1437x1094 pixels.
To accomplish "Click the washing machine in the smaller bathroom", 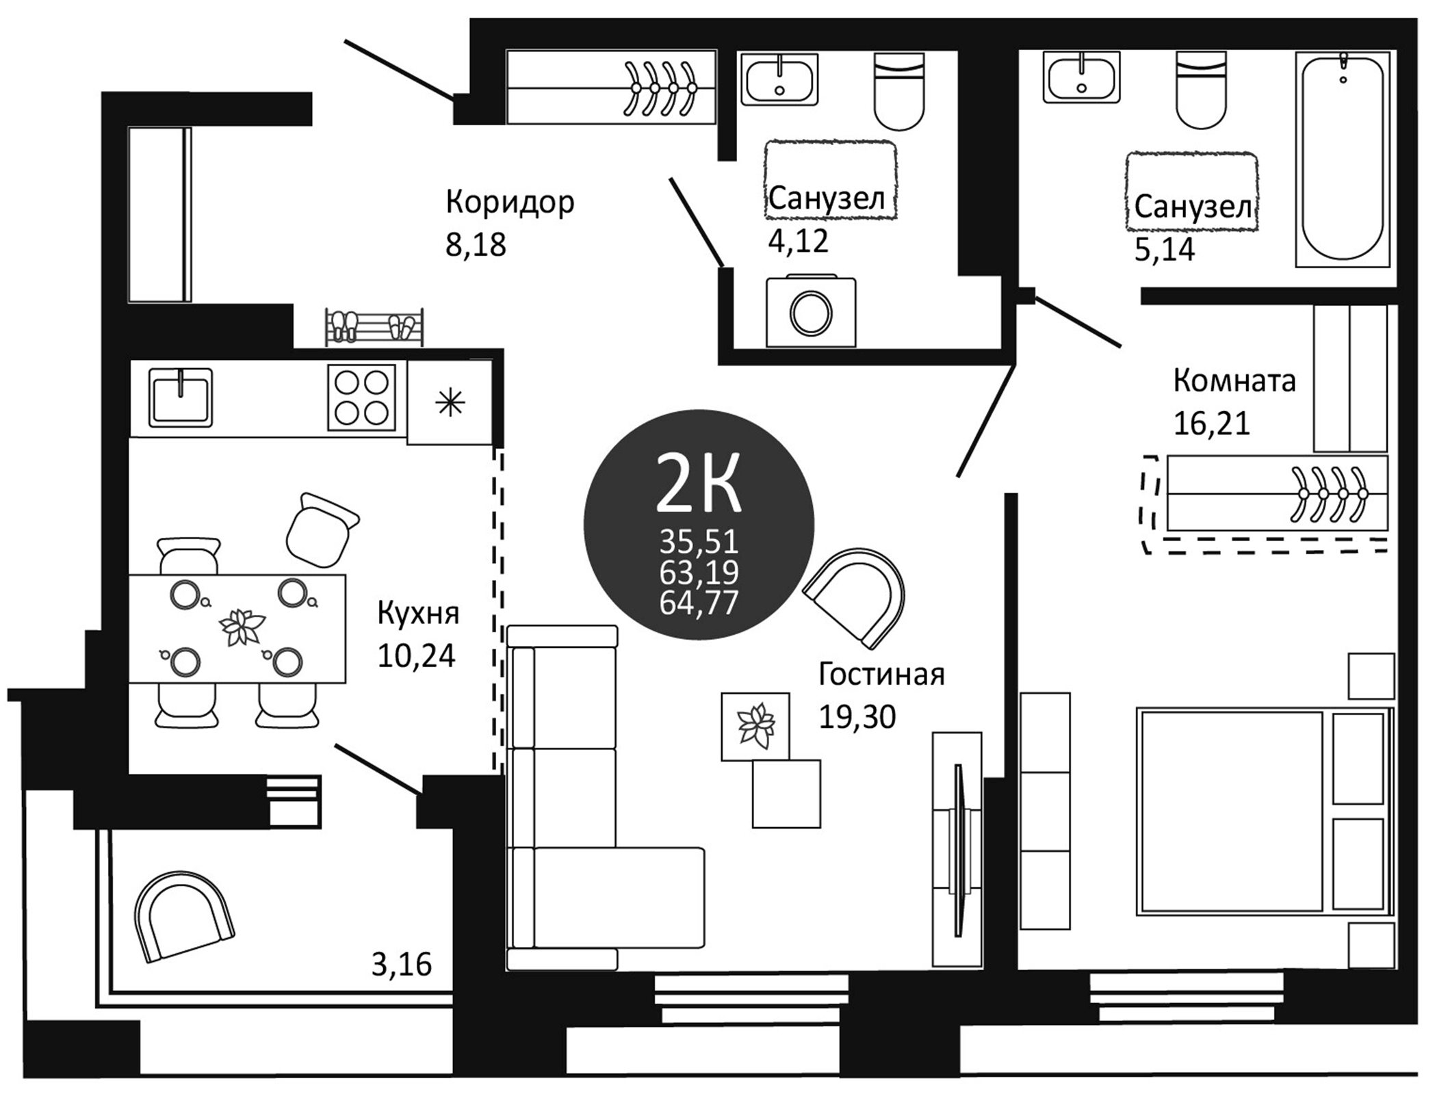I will [x=810, y=312].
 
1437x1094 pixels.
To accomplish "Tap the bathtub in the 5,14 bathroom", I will [x=1342, y=159].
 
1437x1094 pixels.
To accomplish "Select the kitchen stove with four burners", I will [x=361, y=398].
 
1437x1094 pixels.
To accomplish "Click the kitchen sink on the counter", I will [x=181, y=398].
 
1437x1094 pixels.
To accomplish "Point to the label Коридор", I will [x=510, y=202].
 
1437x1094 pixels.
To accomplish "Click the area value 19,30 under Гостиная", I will [x=857, y=717].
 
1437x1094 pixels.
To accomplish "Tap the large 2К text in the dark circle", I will [x=698, y=484].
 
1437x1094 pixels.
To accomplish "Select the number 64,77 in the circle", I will [x=699, y=603].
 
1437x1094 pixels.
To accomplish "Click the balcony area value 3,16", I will [x=402, y=964].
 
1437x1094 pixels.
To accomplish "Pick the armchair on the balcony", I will [x=182, y=915].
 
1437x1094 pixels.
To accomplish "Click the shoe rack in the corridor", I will [x=374, y=327].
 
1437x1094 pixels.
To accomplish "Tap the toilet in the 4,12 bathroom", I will [x=899, y=91].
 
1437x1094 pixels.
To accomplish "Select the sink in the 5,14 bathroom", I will [x=1081, y=77].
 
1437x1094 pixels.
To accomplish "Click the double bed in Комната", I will [x=1263, y=811].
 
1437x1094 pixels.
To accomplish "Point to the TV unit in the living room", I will [x=957, y=848].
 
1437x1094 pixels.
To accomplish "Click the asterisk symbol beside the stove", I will [x=450, y=403].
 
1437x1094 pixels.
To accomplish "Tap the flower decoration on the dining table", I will [x=241, y=627].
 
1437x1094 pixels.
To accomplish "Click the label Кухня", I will [x=418, y=613].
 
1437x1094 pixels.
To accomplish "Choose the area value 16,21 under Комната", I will [x=1211, y=423].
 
